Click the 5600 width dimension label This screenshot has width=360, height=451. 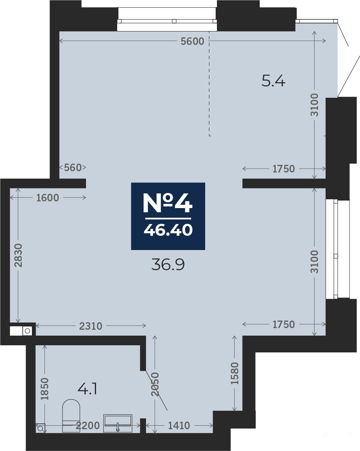[192, 42]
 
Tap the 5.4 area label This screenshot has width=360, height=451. [274, 81]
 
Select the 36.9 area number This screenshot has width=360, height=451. [168, 265]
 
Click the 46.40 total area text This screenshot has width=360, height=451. [168, 229]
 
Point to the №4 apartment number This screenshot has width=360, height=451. [168, 203]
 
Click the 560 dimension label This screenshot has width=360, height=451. [73, 167]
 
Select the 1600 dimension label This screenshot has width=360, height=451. [47, 198]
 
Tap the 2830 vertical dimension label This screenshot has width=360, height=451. [18, 255]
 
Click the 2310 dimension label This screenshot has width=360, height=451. [91, 326]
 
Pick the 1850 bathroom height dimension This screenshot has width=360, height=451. [44, 388]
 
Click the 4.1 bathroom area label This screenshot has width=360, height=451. [87, 390]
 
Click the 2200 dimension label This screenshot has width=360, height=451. [87, 425]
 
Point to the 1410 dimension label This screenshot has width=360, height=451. [179, 425]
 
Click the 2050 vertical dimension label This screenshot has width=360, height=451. [156, 384]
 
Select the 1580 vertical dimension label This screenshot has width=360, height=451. [235, 373]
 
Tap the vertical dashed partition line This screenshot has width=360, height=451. [209, 83]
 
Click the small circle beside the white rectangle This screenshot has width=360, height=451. [27, 331]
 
